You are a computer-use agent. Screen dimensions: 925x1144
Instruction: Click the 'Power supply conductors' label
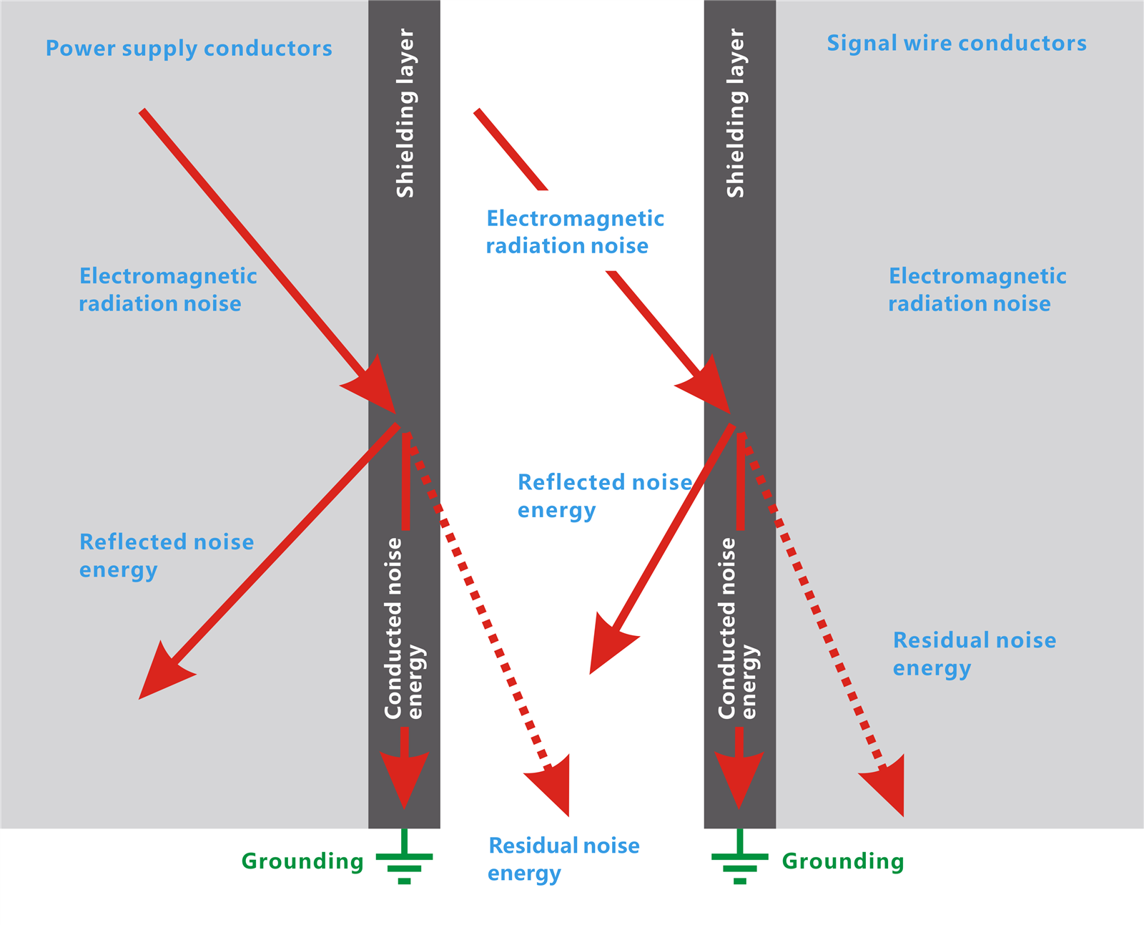tap(189, 49)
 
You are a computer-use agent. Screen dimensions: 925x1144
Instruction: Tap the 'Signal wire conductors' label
tap(957, 44)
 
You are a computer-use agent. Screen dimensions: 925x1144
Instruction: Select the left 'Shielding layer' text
tap(405, 113)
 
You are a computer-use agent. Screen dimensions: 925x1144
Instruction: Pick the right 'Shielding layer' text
tap(736, 113)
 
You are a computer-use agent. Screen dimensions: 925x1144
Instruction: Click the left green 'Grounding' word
tap(302, 861)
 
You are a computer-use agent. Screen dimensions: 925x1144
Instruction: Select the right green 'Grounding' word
tap(843, 861)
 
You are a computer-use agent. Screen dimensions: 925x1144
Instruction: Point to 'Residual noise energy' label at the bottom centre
tap(563, 859)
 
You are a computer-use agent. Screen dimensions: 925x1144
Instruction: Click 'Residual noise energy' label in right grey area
tap(974, 654)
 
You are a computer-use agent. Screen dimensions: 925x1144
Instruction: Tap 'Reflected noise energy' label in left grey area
tap(167, 556)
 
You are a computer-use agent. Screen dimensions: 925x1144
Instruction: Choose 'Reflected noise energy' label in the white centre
tap(604, 496)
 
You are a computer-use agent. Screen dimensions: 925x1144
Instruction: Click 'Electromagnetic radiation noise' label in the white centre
tap(575, 232)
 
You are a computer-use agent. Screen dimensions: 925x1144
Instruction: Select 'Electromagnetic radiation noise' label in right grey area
tap(977, 290)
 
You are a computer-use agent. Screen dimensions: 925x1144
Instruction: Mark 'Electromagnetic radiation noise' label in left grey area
tap(167, 290)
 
